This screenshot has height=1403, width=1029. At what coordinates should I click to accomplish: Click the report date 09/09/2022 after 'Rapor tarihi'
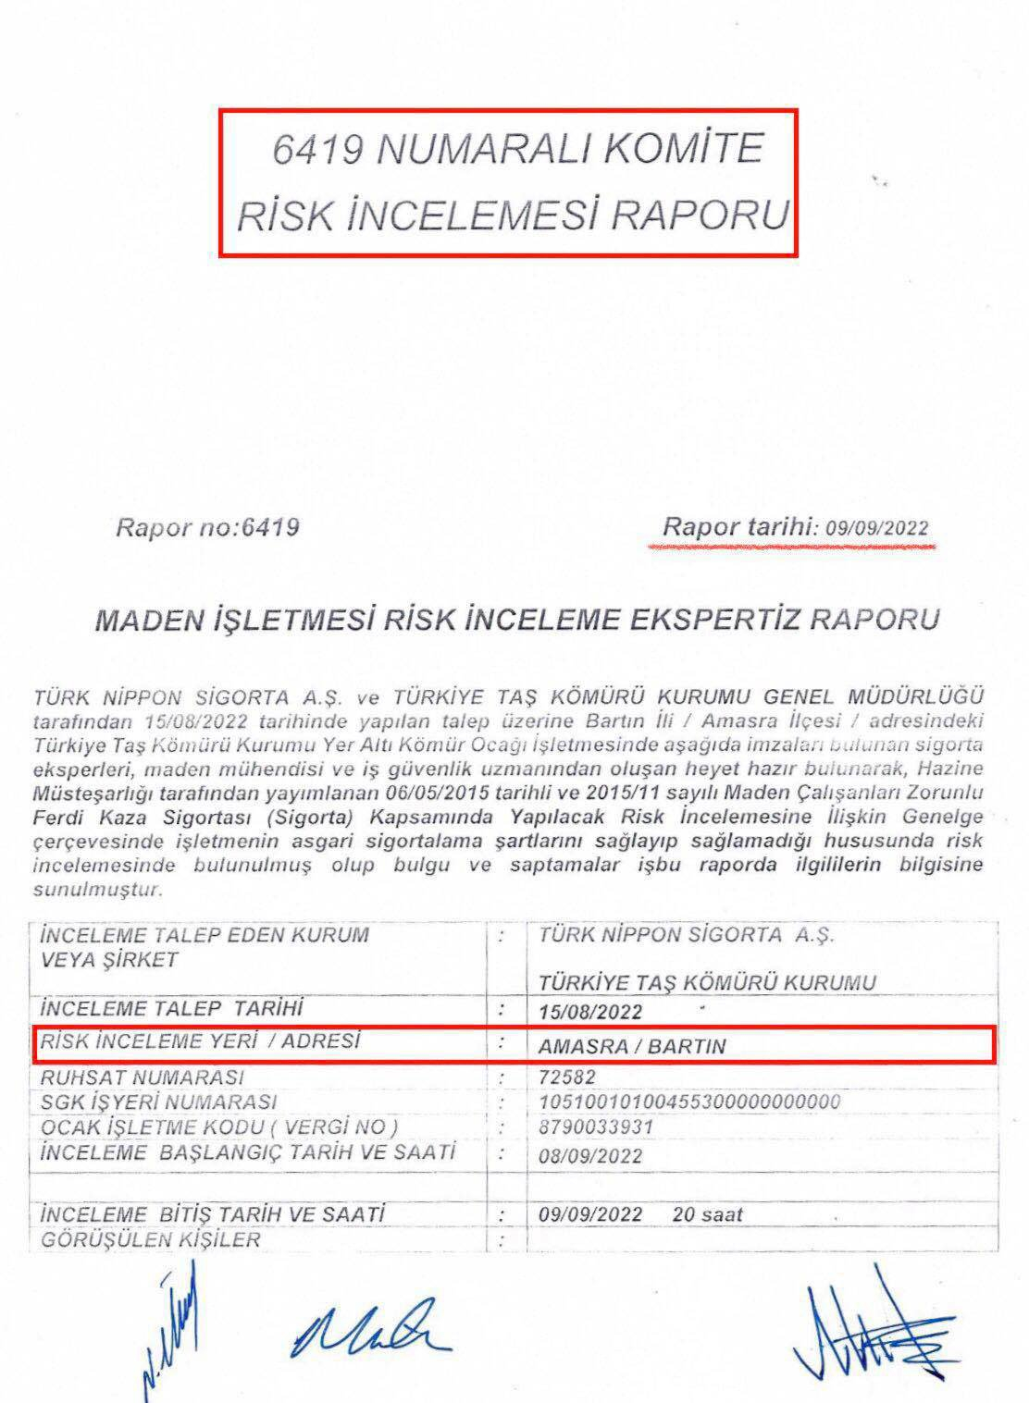point(876,529)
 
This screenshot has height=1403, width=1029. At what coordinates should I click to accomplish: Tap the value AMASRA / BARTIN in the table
point(632,1046)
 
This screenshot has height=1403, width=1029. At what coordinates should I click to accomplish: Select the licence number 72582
point(566,1077)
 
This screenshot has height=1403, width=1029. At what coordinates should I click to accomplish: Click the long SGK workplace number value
point(689,1102)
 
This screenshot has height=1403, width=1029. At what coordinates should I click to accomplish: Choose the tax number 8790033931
point(596,1127)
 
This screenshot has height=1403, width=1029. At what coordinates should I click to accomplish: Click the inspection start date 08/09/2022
point(590,1156)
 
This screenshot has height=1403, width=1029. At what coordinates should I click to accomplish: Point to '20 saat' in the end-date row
point(708,1213)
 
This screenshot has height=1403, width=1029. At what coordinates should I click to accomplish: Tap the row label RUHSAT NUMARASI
point(143,1077)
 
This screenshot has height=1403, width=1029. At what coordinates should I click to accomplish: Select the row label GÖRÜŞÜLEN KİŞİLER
point(150,1239)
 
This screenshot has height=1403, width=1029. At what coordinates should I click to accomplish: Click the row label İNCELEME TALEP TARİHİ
point(173,1007)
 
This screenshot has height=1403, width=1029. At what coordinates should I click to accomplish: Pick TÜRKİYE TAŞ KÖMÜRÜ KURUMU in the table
point(707,981)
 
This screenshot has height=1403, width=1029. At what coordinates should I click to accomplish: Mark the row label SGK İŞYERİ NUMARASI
point(158,1102)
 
